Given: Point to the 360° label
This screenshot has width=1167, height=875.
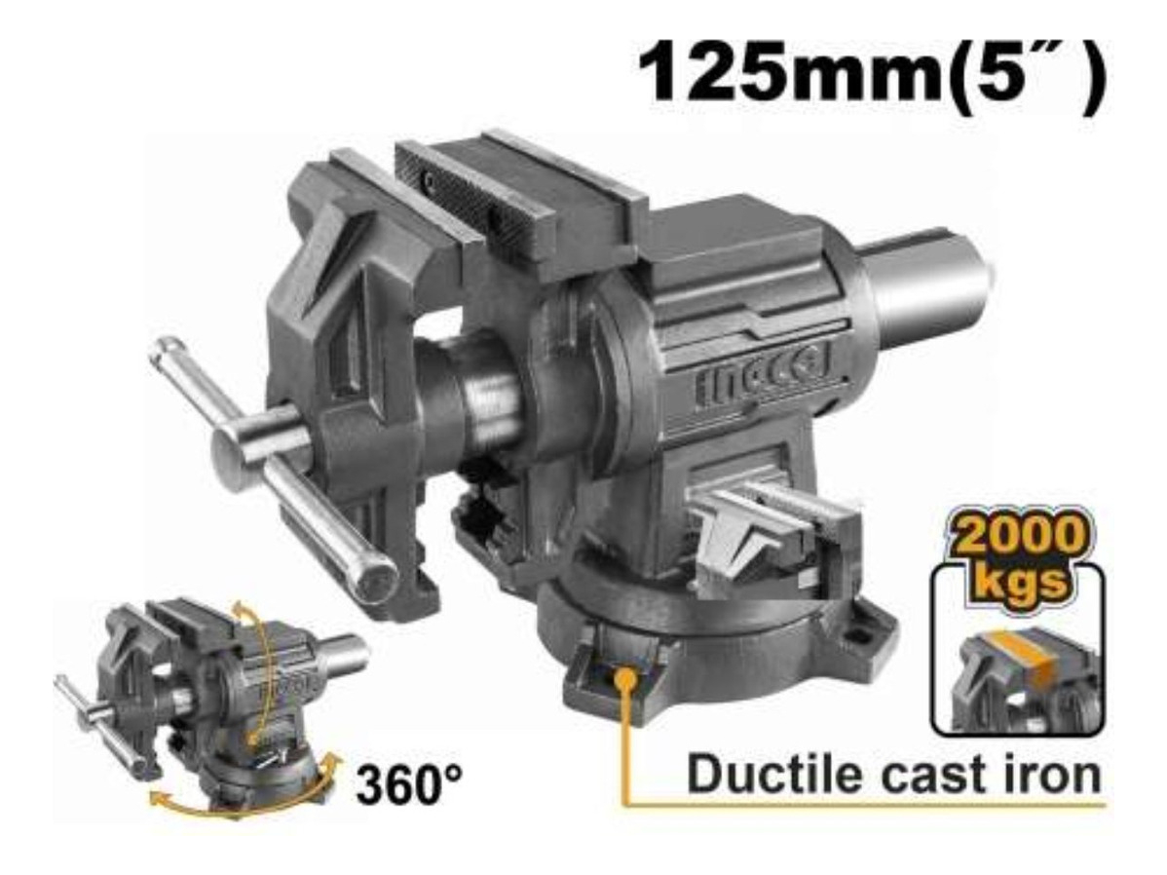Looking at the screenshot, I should point(409,783).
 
